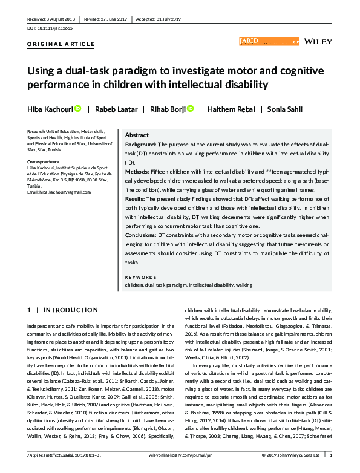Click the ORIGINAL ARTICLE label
pyautogui.click(x=61, y=44)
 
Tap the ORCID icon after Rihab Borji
pyautogui.click(x=190, y=109)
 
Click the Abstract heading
pyautogui.click(x=137, y=135)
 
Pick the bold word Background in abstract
pyautogui.click(x=140, y=145)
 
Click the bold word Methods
pyautogui.click(x=137, y=171)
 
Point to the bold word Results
pyautogui.click(x=136, y=197)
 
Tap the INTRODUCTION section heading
pyautogui.click(x=67, y=310)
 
